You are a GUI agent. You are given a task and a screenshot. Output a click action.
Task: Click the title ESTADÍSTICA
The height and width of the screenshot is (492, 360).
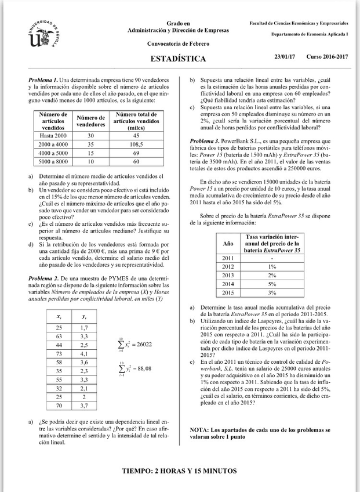coord(178,59)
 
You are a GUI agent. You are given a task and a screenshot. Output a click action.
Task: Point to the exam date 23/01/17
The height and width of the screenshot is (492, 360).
coord(285,57)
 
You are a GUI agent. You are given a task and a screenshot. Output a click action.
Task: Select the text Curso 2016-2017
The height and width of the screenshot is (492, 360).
coord(327,57)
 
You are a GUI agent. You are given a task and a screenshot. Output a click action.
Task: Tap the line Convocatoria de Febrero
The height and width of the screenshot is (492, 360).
coord(178,44)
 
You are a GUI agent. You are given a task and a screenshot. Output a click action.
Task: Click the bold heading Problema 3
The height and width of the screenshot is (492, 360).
coord(205,141)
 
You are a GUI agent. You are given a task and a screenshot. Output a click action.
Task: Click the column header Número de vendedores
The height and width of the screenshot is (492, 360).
coord(90,121)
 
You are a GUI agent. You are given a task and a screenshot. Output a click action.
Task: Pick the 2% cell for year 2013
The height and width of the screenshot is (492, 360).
coord(272,274)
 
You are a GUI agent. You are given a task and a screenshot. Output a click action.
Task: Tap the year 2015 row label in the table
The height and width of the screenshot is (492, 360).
coord(228,293)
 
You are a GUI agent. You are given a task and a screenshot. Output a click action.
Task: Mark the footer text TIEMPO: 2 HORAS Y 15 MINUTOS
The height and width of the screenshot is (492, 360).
coord(179,471)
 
